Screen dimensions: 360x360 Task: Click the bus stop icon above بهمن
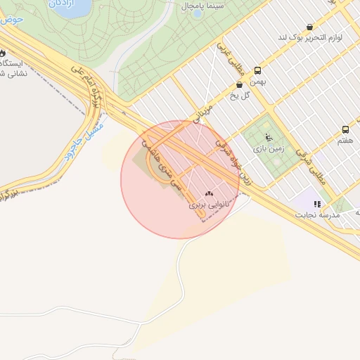click(x=257, y=70)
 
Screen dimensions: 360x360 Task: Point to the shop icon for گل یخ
click(x=240, y=84)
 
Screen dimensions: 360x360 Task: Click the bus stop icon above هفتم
click(x=345, y=129)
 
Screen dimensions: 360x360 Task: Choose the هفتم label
click(x=345, y=140)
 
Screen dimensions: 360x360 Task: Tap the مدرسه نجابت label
click(x=320, y=214)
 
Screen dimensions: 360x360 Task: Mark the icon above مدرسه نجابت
click(x=317, y=204)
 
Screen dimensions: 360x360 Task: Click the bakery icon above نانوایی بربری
click(x=208, y=193)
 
